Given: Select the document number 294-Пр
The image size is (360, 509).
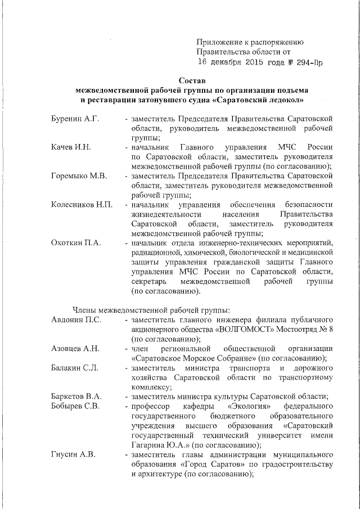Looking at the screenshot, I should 306,62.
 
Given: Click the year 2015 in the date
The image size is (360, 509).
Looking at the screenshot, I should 244,62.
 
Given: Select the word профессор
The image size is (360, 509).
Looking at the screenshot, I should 151,406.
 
